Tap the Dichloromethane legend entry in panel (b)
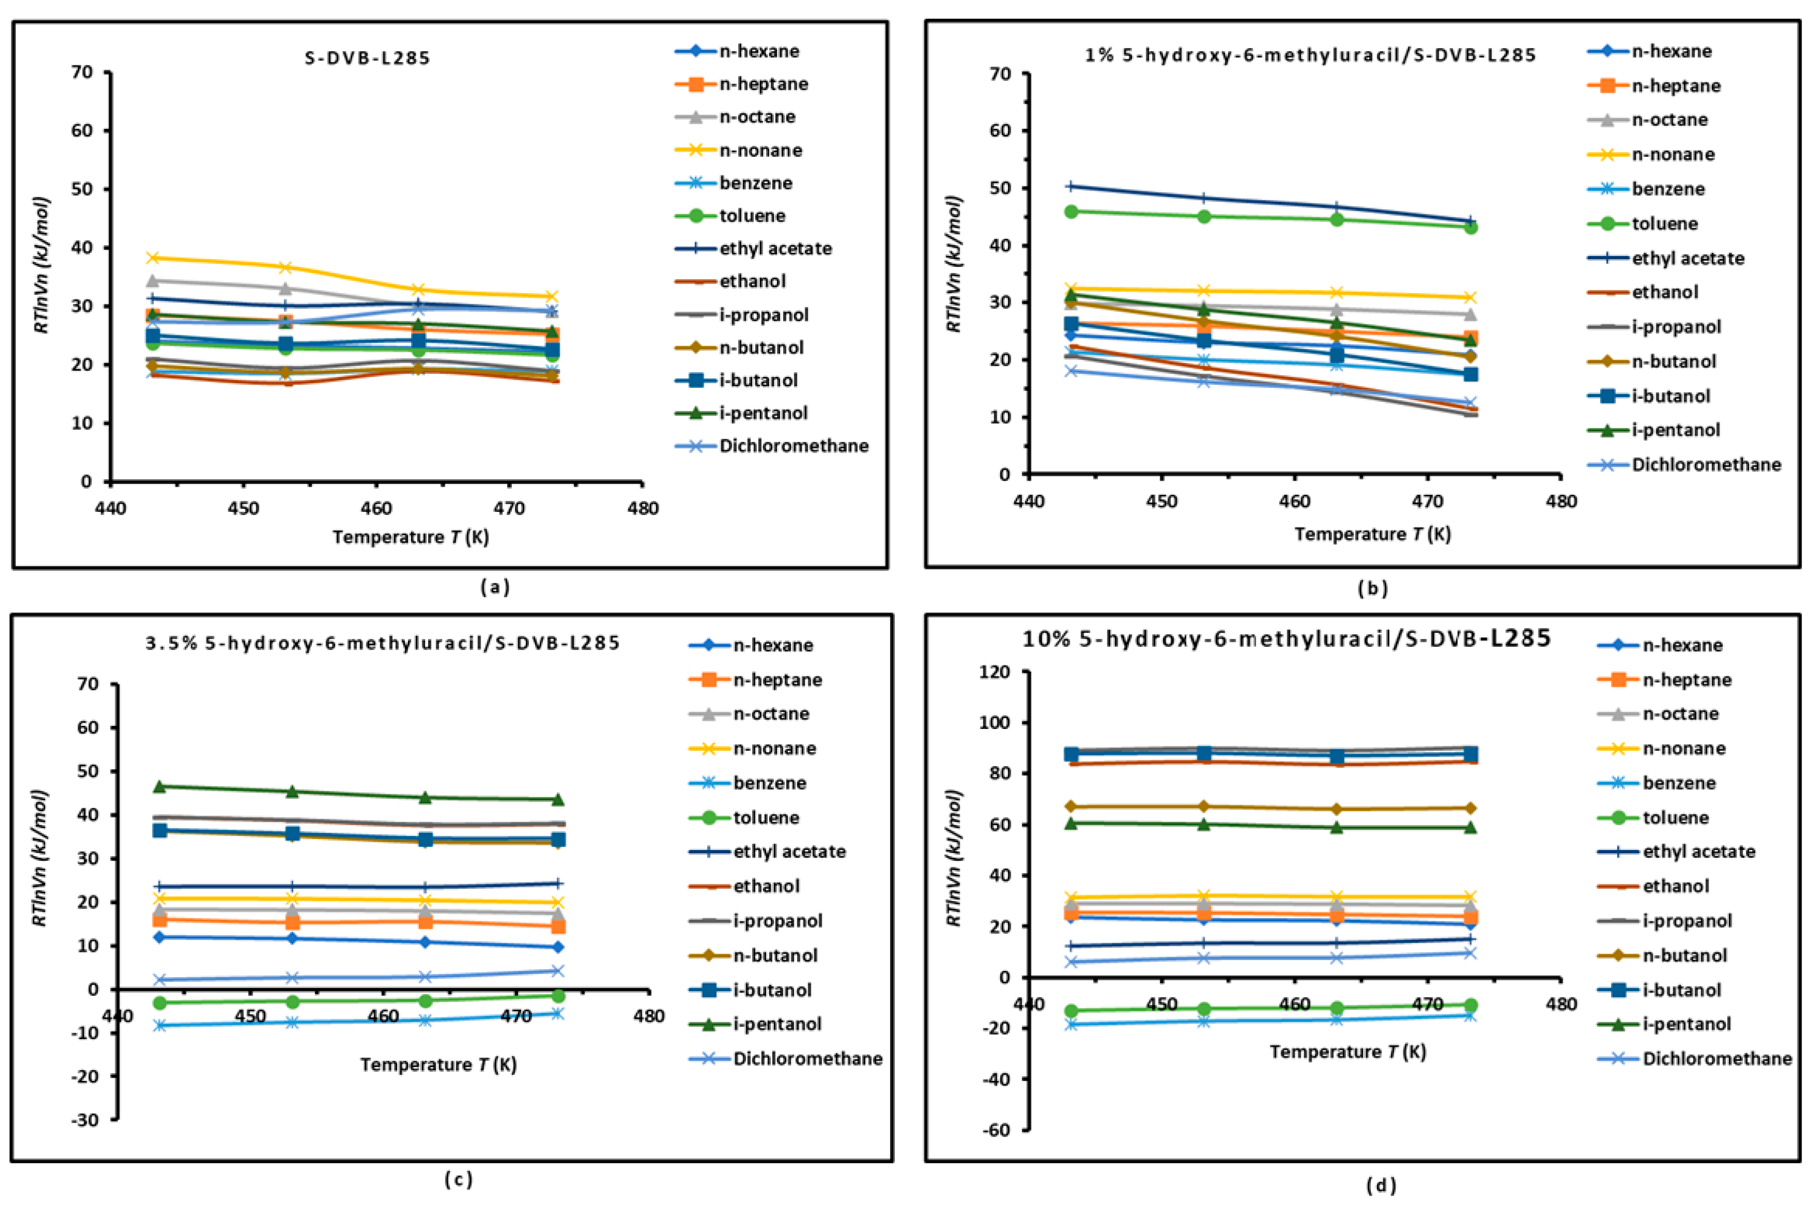coord(1706,465)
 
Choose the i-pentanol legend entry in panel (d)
coord(1685,1024)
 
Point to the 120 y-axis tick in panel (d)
coord(996,672)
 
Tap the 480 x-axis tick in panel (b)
coord(1560,502)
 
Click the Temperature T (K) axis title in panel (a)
coord(411,537)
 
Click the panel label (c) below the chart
coord(458,1180)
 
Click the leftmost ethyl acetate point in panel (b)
coord(1071,186)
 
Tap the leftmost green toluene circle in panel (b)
coord(1071,212)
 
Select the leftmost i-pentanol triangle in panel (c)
coord(160,786)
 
